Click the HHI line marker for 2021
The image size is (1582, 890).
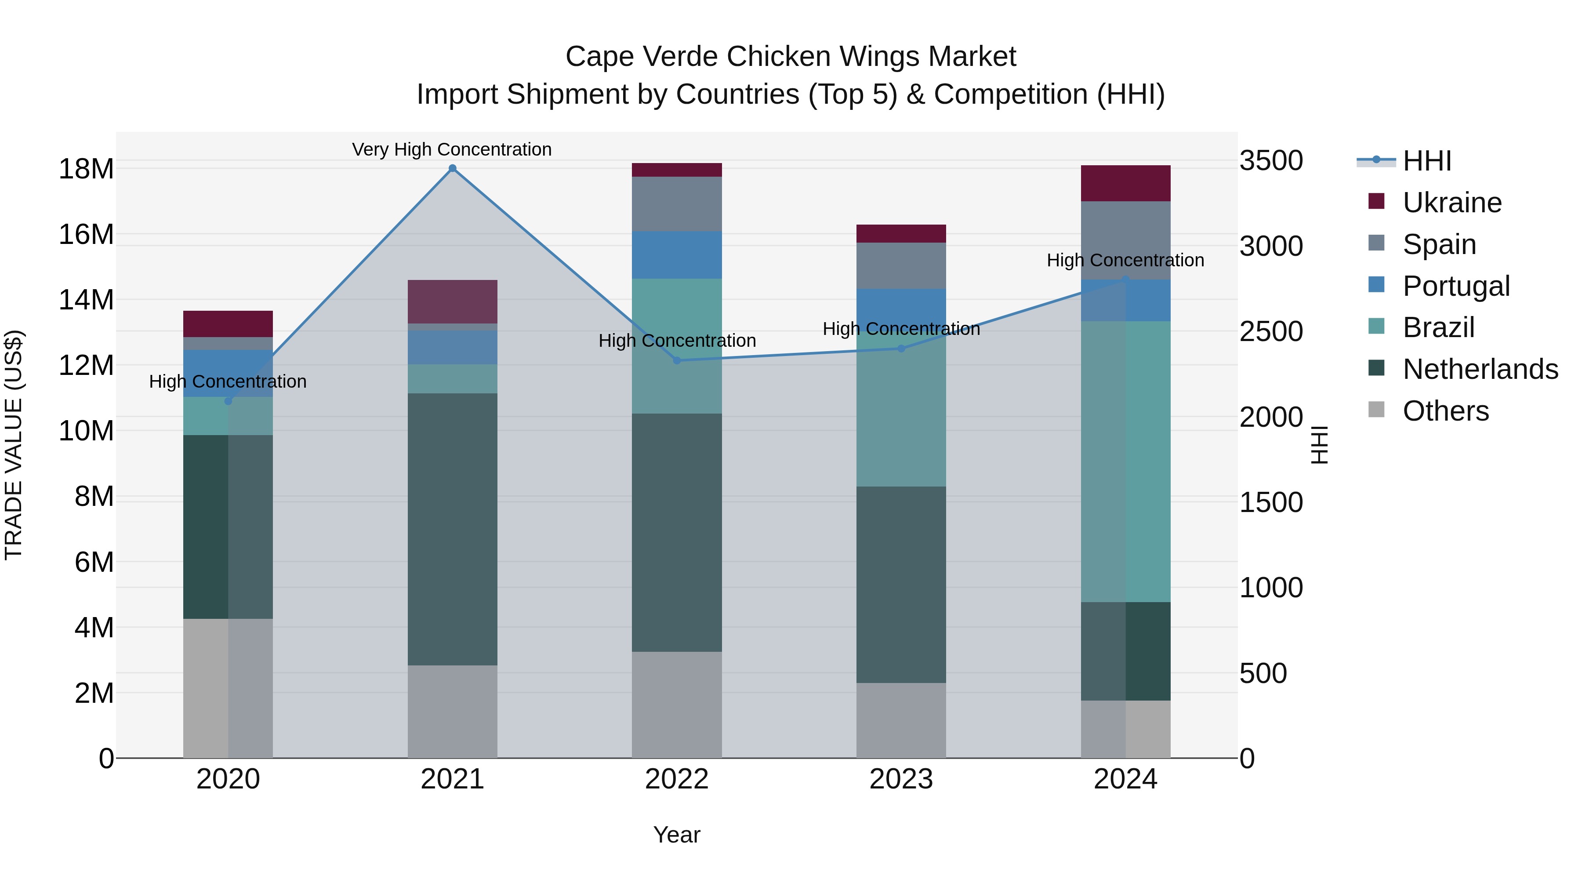pyautogui.click(x=452, y=168)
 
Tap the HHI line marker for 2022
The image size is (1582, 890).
pyautogui.click(x=677, y=360)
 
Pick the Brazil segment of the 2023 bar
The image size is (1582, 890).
pyautogui.click(x=901, y=408)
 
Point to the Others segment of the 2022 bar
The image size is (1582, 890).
pyautogui.click(x=677, y=705)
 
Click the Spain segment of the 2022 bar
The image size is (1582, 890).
pyautogui.click(x=677, y=204)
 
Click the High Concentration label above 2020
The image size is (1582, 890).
pyautogui.click(x=228, y=381)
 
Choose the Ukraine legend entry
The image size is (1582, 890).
pyautogui.click(x=1452, y=202)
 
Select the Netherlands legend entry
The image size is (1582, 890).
pyautogui.click(x=1480, y=369)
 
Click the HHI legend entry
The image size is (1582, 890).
pyautogui.click(x=1426, y=161)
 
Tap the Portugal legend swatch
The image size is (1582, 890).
pyautogui.click(x=1376, y=285)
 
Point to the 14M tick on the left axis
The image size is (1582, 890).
pyautogui.click(x=86, y=300)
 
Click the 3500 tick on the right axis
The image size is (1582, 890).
pyautogui.click(x=1270, y=160)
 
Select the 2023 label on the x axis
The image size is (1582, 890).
pyautogui.click(x=901, y=779)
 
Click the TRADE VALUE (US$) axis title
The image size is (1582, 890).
pyautogui.click(x=14, y=445)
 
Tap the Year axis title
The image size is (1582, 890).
pyautogui.click(x=677, y=835)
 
